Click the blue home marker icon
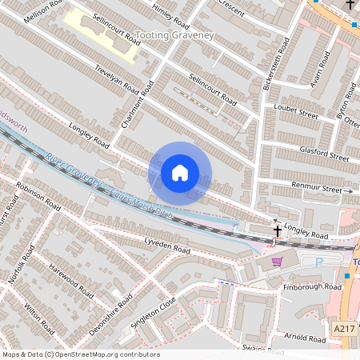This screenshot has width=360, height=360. click(x=180, y=172)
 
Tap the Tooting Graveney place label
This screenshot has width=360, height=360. click(x=175, y=36)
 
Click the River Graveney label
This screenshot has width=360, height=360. click(x=74, y=170)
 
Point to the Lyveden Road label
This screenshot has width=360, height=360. click(x=166, y=246)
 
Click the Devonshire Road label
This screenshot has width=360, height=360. click(x=110, y=314)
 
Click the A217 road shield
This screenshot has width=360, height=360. click(x=344, y=328)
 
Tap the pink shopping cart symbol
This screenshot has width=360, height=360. click(x=277, y=262)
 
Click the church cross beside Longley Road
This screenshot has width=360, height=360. click(x=278, y=231)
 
